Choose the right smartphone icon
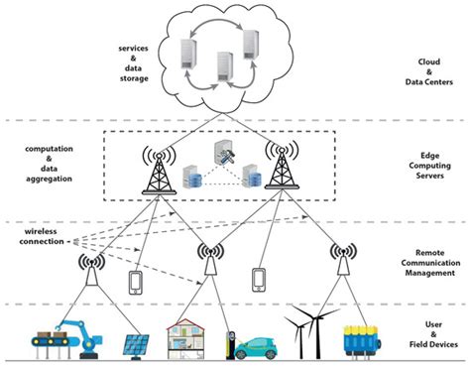pos(260,279)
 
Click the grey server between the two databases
pos(224,156)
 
